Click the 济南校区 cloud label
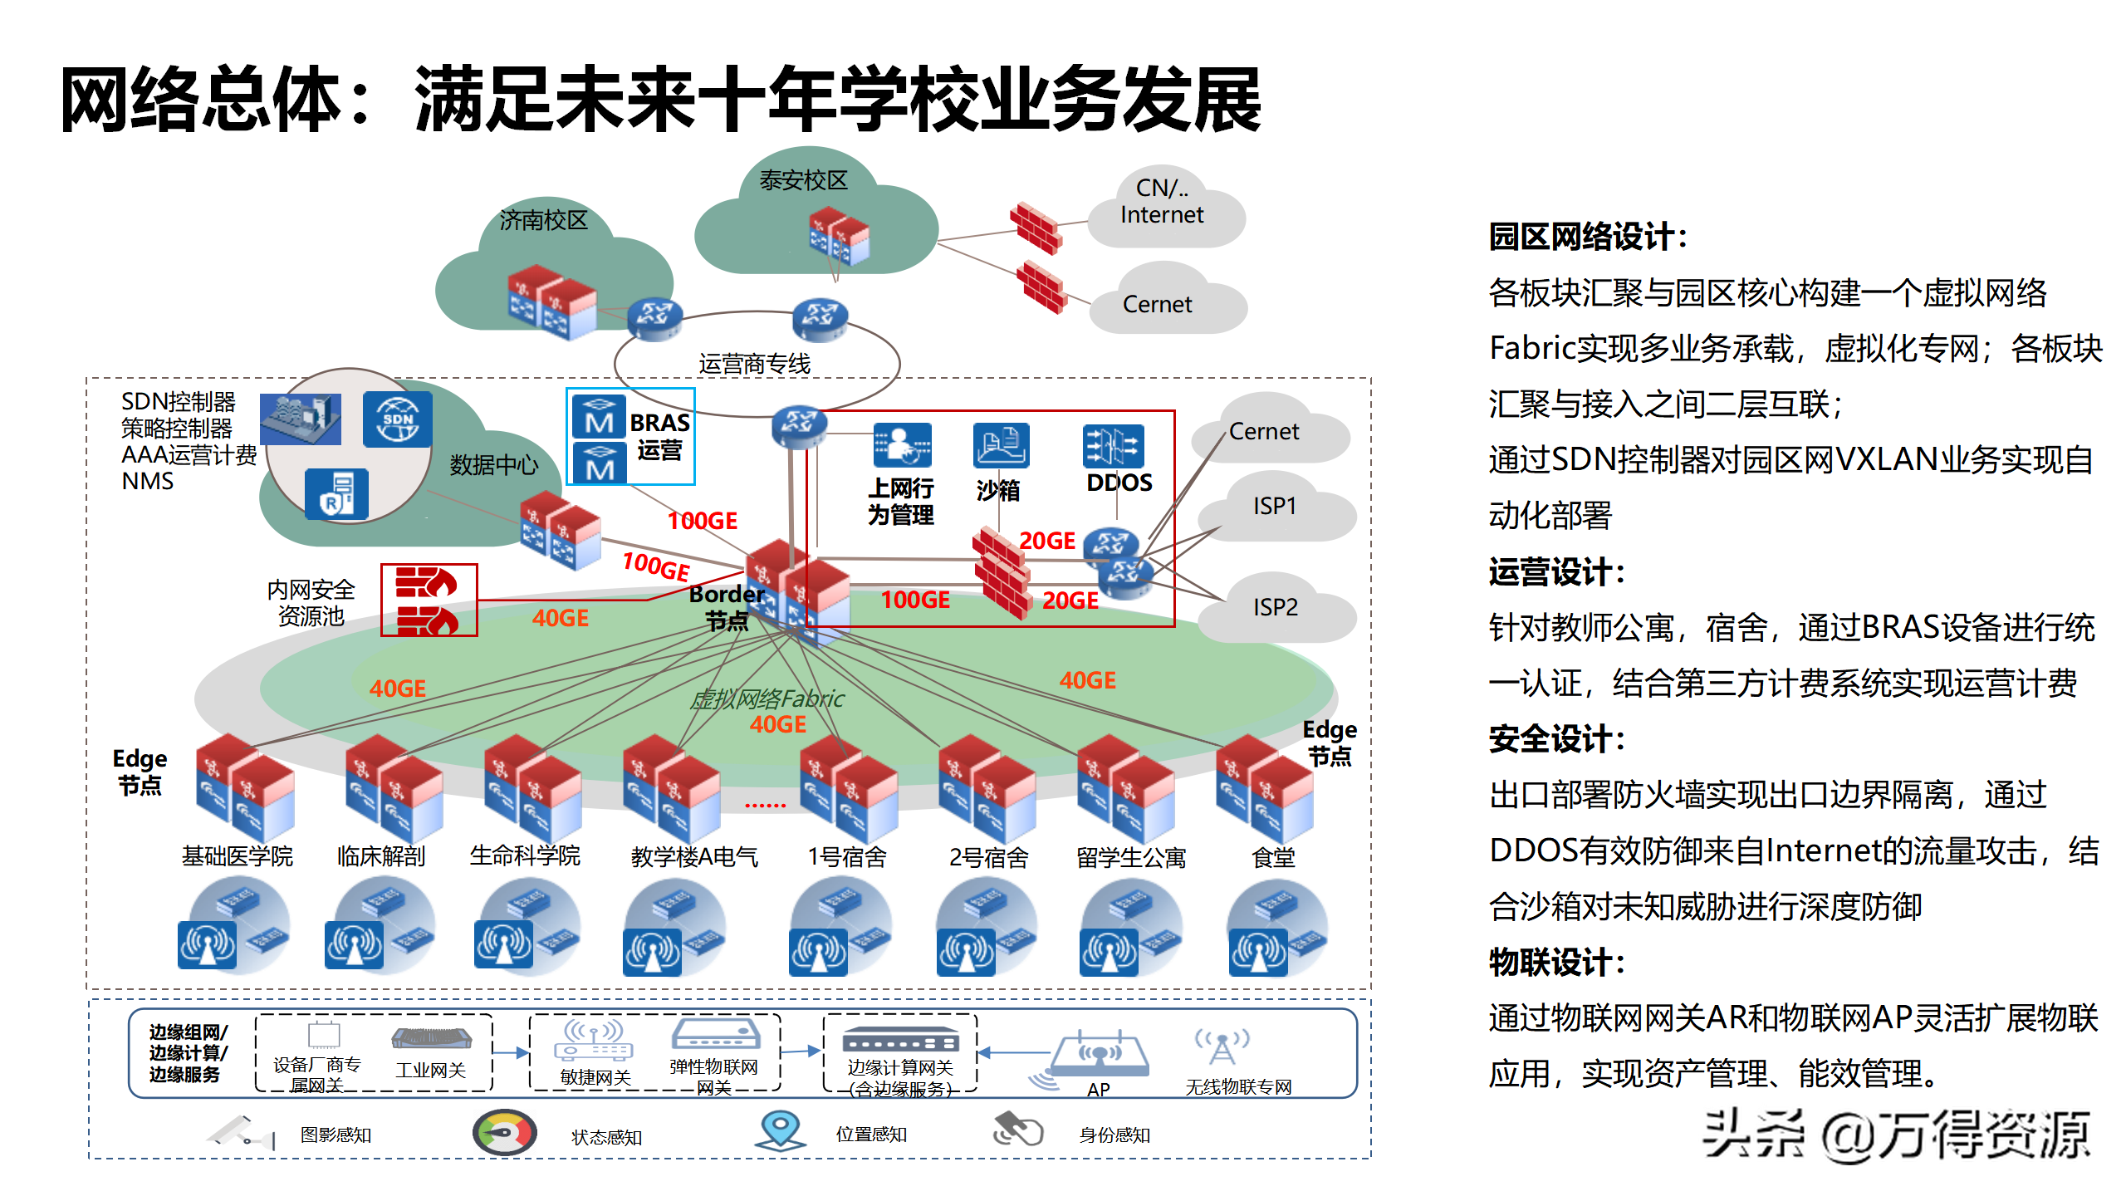click(543, 220)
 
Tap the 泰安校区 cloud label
click(803, 180)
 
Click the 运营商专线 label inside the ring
click(754, 364)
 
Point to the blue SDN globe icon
click(398, 419)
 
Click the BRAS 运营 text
click(659, 436)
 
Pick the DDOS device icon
click(1113, 446)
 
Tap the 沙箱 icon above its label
click(1001, 445)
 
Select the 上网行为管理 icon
click(902, 445)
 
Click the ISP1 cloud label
click(1275, 506)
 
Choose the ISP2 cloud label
click(1275, 607)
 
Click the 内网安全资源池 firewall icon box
click(429, 600)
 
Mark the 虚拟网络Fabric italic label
click(767, 699)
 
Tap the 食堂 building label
click(1273, 857)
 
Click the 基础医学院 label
click(238, 856)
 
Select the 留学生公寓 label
click(1131, 857)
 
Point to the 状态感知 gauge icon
click(505, 1133)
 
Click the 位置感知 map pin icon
click(780, 1130)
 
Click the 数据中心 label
click(493, 465)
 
